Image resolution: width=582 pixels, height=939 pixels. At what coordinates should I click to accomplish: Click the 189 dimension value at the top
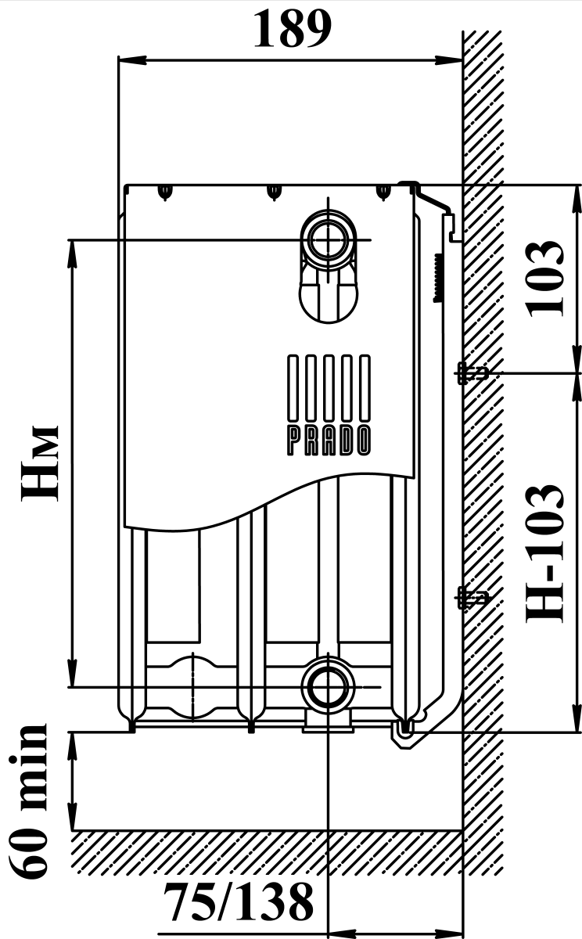tap(293, 29)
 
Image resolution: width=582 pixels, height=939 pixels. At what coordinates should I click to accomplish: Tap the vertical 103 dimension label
tap(544, 279)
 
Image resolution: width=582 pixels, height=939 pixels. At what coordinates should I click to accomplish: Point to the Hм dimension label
tap(40, 462)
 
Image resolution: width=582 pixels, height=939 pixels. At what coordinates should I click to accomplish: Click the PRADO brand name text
tap(329, 441)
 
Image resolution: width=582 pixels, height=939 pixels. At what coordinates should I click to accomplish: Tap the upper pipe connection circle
tap(329, 239)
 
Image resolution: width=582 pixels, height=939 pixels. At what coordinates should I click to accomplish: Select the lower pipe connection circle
tap(329, 687)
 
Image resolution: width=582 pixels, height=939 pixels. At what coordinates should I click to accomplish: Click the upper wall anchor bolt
tap(472, 372)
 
